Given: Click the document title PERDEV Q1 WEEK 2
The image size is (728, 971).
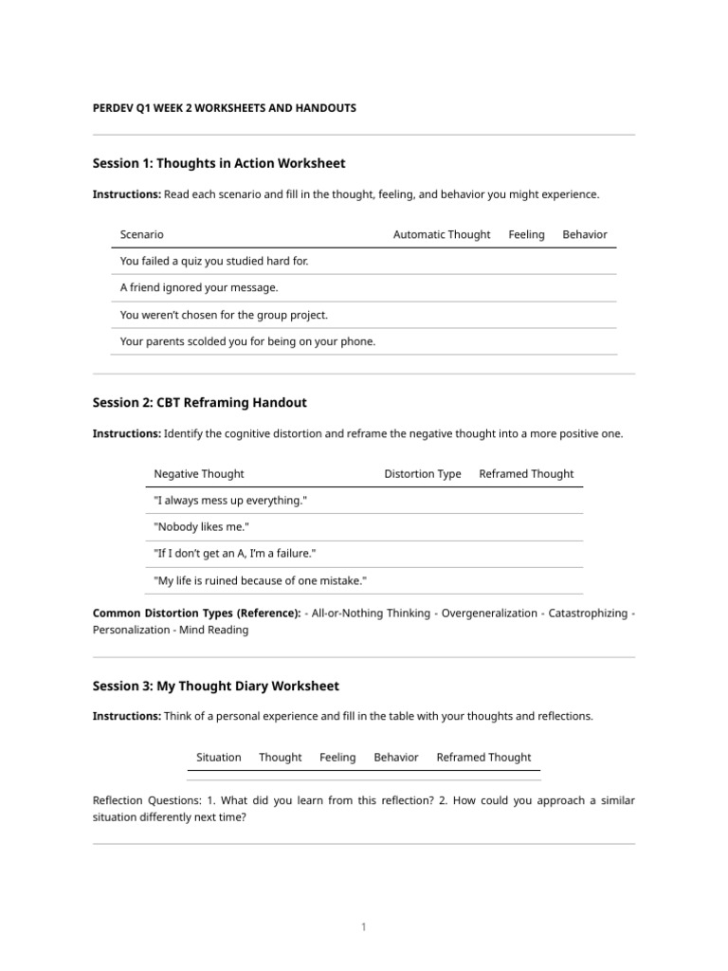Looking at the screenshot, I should click(x=224, y=108).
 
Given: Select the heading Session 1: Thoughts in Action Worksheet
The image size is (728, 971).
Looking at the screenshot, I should click(x=219, y=163).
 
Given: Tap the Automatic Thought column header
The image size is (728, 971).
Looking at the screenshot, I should click(x=442, y=234).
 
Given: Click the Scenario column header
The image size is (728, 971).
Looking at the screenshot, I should click(x=142, y=234).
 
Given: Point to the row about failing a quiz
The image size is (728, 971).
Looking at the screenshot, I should click(x=214, y=261).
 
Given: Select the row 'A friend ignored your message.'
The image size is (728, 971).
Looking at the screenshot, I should click(x=199, y=287).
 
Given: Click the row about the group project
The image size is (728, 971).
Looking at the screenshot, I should click(x=224, y=315).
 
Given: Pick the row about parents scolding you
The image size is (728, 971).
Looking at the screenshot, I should click(x=247, y=341).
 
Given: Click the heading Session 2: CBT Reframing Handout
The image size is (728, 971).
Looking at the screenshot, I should click(x=199, y=402).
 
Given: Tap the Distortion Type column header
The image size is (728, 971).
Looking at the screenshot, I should click(x=423, y=473).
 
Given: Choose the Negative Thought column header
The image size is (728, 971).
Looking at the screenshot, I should click(x=199, y=473).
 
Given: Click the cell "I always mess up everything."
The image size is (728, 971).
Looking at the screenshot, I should click(x=230, y=500).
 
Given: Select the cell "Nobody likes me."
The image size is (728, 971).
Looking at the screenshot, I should click(x=200, y=526).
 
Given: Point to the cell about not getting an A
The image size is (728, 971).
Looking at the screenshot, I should click(x=234, y=553).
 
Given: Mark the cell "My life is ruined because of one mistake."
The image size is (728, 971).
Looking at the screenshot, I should click(x=260, y=580).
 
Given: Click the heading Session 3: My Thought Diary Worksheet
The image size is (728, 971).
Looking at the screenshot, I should click(x=215, y=686).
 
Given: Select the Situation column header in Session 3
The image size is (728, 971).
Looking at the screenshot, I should click(x=218, y=757).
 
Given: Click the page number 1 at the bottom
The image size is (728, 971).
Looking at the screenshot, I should click(x=363, y=927).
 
